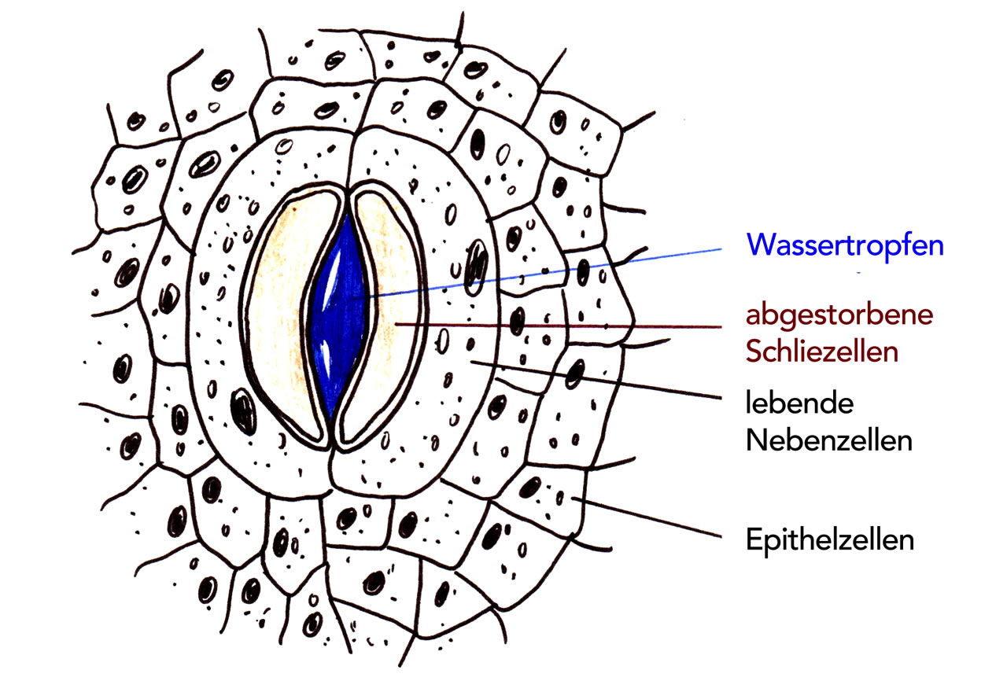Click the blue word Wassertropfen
(x=845, y=245)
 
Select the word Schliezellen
(x=822, y=352)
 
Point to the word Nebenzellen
(x=829, y=440)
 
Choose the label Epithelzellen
(x=830, y=540)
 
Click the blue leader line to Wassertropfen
(x=551, y=271)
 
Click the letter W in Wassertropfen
(x=761, y=245)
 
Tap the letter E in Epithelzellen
(x=753, y=540)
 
